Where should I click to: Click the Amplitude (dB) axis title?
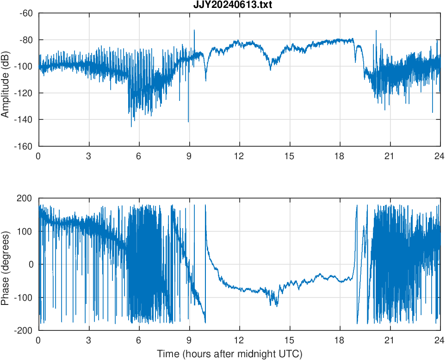click(6, 80)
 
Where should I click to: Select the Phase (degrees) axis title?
click(6, 264)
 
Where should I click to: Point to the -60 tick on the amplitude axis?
click(25, 13)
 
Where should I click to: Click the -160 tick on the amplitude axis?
click(24, 146)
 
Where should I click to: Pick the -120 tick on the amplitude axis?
click(24, 93)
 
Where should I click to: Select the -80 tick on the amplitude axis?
click(25, 40)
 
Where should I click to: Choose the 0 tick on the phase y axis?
click(31, 264)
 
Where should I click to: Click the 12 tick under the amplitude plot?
click(239, 156)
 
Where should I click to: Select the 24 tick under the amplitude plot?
click(440, 156)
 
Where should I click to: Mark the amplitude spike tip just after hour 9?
click(194, 30)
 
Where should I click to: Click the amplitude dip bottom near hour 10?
click(206, 81)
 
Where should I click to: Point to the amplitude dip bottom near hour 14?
click(271, 70)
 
